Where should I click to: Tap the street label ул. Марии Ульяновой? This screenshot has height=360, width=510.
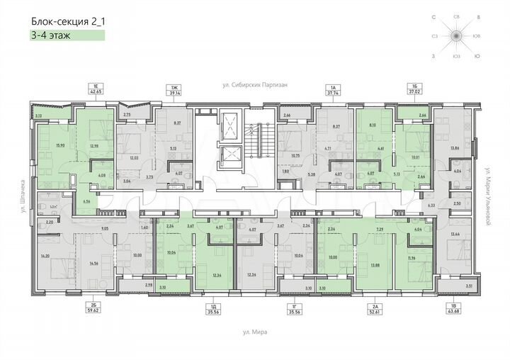(489, 191)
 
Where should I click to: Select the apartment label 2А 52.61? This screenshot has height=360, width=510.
(390, 308)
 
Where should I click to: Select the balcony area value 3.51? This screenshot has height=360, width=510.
(468, 286)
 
